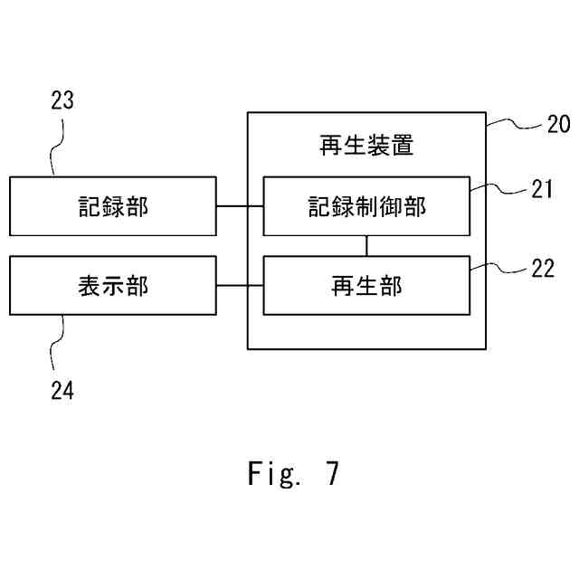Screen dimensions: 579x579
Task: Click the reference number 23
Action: point(62,100)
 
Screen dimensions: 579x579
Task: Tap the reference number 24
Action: point(62,391)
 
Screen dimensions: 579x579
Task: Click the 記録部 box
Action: point(113,206)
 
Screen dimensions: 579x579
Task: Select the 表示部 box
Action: point(113,286)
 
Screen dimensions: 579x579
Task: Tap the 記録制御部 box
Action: point(367,206)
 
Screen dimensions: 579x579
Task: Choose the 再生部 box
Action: point(367,286)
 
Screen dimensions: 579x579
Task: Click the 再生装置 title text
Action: point(367,146)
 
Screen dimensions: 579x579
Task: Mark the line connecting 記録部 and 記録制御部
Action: point(240,206)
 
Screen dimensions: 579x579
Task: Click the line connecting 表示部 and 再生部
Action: point(240,286)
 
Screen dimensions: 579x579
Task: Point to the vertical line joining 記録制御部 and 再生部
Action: point(367,245)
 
